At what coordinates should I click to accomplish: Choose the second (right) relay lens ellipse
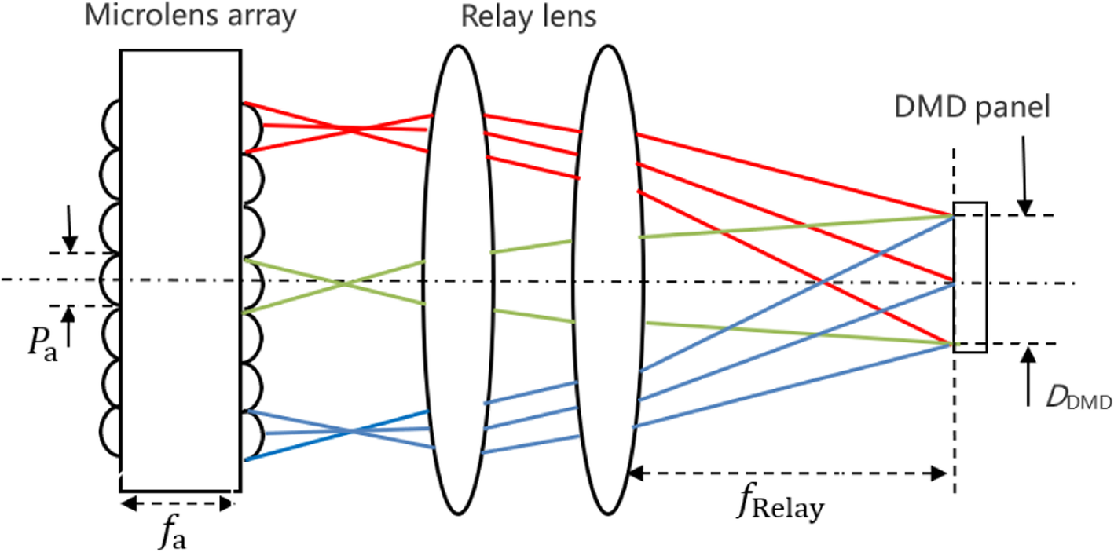tap(610, 279)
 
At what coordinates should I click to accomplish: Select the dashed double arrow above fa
tap(178, 503)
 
